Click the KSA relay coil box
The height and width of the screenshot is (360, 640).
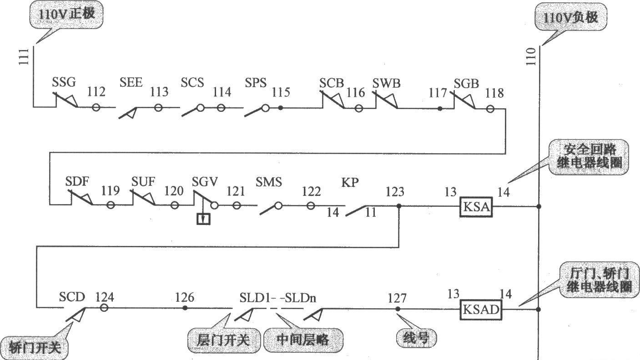(x=476, y=207)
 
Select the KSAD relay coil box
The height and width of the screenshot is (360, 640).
(x=481, y=310)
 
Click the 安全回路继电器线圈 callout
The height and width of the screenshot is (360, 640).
(x=589, y=157)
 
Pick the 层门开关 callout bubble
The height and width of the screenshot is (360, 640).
(x=224, y=340)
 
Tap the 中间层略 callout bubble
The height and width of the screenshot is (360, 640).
(x=303, y=340)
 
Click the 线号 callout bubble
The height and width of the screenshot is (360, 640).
(x=416, y=338)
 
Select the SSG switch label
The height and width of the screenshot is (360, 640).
(x=64, y=83)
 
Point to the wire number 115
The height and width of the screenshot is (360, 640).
(x=281, y=92)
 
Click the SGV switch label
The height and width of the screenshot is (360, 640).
(x=205, y=182)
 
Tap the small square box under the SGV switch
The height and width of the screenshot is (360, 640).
(x=203, y=219)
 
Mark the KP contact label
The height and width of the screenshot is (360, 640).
(x=350, y=182)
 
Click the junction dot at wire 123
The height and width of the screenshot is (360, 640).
(x=399, y=206)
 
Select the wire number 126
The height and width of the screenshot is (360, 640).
(x=185, y=297)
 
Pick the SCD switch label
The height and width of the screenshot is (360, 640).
(x=72, y=297)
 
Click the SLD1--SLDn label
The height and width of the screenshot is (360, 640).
(x=278, y=298)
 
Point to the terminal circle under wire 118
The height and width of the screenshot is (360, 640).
(x=490, y=109)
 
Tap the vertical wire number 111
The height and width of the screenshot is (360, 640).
(x=24, y=56)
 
